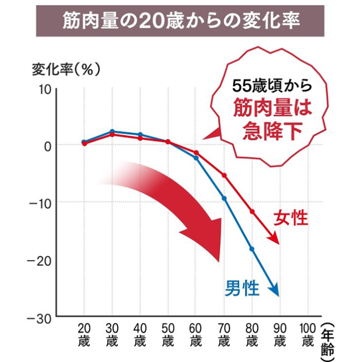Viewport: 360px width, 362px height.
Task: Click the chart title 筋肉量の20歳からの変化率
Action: point(181,21)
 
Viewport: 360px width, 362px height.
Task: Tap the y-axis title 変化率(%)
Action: point(65,70)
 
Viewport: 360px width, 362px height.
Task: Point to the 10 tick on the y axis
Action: point(43,89)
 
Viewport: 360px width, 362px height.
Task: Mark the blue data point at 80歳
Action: point(252,249)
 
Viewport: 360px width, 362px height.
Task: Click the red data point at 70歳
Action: point(224,175)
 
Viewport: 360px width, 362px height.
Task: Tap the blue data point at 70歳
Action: point(224,198)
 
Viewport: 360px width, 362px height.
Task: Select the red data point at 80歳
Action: point(252,212)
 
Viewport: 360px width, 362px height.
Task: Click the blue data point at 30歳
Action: point(112,132)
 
